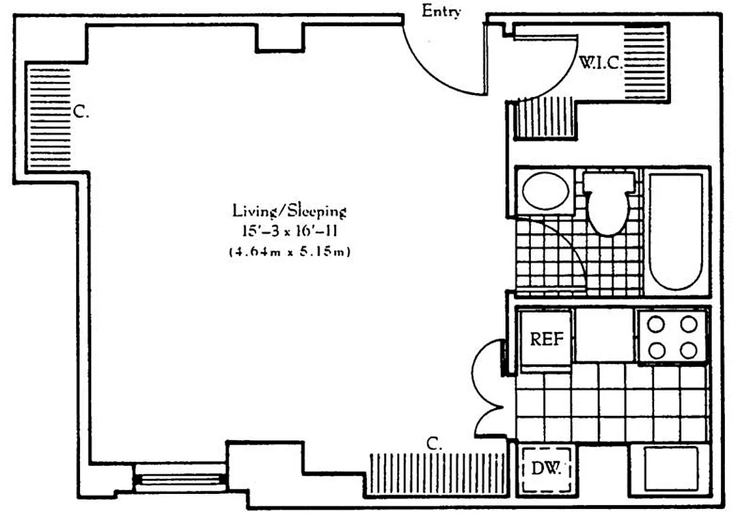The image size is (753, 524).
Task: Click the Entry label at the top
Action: click(441, 11)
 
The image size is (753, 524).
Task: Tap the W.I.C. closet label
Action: click(599, 62)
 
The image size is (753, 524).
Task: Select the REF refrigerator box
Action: click(546, 340)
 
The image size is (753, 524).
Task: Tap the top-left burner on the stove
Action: click(657, 324)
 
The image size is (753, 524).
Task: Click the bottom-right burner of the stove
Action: click(688, 350)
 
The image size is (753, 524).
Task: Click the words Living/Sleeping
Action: click(289, 211)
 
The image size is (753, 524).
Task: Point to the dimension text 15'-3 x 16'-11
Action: click(289, 231)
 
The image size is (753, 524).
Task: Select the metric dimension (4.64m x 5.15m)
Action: click(289, 251)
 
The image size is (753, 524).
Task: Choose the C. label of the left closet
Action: click(81, 113)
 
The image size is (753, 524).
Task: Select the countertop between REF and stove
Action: click(604, 335)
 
